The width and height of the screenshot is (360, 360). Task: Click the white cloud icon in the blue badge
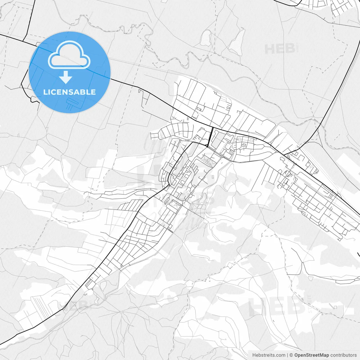pos(69,55)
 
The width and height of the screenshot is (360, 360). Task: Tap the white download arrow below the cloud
pos(66,77)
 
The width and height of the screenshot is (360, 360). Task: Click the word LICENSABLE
pos(69,92)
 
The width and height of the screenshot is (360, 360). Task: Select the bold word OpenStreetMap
pos(311,355)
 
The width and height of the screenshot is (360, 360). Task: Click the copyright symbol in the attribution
pos(291,355)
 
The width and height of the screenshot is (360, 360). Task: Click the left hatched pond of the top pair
pos(206,38)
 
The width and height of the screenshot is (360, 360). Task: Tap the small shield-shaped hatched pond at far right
pos(311,278)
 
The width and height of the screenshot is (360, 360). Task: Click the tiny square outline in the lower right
pos(335,307)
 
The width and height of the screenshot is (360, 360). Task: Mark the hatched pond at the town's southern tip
pos(103,285)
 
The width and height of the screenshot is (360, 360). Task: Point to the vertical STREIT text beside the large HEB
pos(310,304)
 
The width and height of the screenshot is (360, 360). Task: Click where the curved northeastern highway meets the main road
pos(284,154)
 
